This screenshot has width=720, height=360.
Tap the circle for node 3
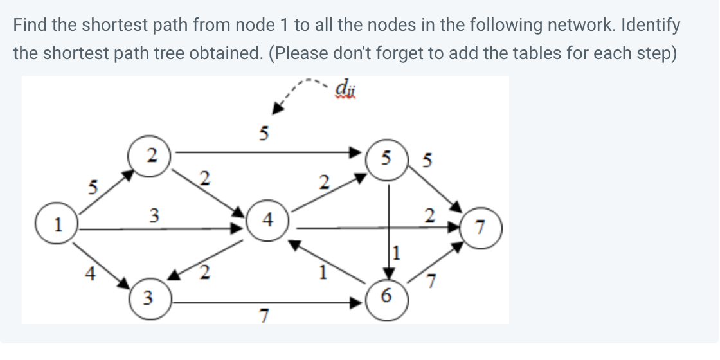(147, 298)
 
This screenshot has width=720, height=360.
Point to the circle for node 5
(385, 159)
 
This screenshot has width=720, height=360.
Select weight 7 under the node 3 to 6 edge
(262, 315)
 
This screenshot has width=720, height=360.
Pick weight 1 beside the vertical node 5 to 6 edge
(397, 253)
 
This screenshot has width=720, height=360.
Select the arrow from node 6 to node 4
(328, 263)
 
